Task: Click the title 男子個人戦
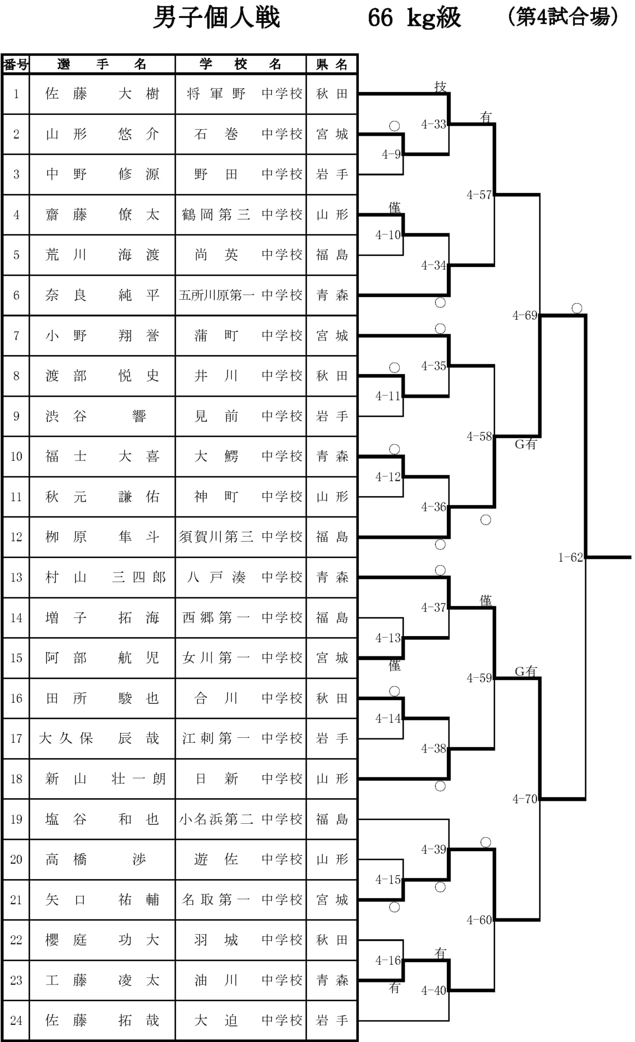(x=217, y=18)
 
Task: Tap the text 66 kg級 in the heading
(x=414, y=18)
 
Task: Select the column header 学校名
(x=240, y=64)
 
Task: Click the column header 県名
(x=331, y=64)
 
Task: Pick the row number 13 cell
(x=16, y=577)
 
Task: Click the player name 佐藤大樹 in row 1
(x=102, y=94)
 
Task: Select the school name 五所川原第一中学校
(x=240, y=295)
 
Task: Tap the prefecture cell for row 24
(x=331, y=1021)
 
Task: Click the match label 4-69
(x=525, y=315)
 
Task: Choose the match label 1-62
(x=570, y=557)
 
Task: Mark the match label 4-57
(x=479, y=195)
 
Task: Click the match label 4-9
(x=391, y=155)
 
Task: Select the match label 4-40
(x=434, y=991)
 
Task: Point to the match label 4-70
(x=525, y=799)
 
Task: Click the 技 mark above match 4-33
(x=440, y=86)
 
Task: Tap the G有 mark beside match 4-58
(x=526, y=444)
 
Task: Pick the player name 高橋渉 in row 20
(x=102, y=859)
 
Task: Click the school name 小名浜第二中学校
(x=240, y=819)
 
